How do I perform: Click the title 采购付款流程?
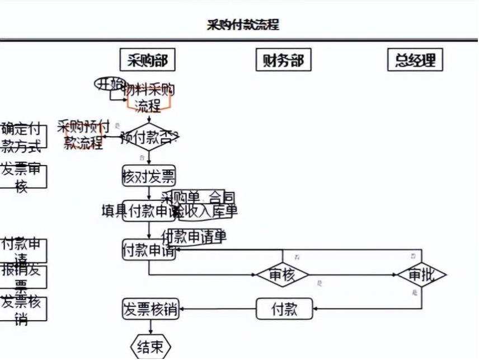pyautogui.click(x=243, y=25)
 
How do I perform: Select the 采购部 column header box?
pyautogui.click(x=147, y=60)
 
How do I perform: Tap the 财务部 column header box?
pyautogui.click(x=283, y=60)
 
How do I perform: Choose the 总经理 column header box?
pyautogui.click(x=415, y=60)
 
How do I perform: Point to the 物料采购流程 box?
pyautogui.click(x=149, y=97)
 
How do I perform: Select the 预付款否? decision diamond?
pyautogui.click(x=149, y=137)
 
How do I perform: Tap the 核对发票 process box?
pyautogui.click(x=149, y=177)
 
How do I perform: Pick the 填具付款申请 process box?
pyautogui.click(x=142, y=211)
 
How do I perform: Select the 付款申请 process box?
pyautogui.click(x=149, y=250)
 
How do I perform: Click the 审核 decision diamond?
pyautogui.click(x=282, y=275)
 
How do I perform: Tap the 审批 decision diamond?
pyautogui.click(x=421, y=275)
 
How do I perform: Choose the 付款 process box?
pyautogui.click(x=284, y=308)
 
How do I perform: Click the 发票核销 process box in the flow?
pyautogui.click(x=150, y=308)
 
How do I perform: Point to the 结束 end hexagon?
pyautogui.click(x=150, y=347)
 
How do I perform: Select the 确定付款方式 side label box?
pyautogui.click(x=22, y=137)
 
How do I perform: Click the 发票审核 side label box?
pyautogui.click(x=22, y=177)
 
